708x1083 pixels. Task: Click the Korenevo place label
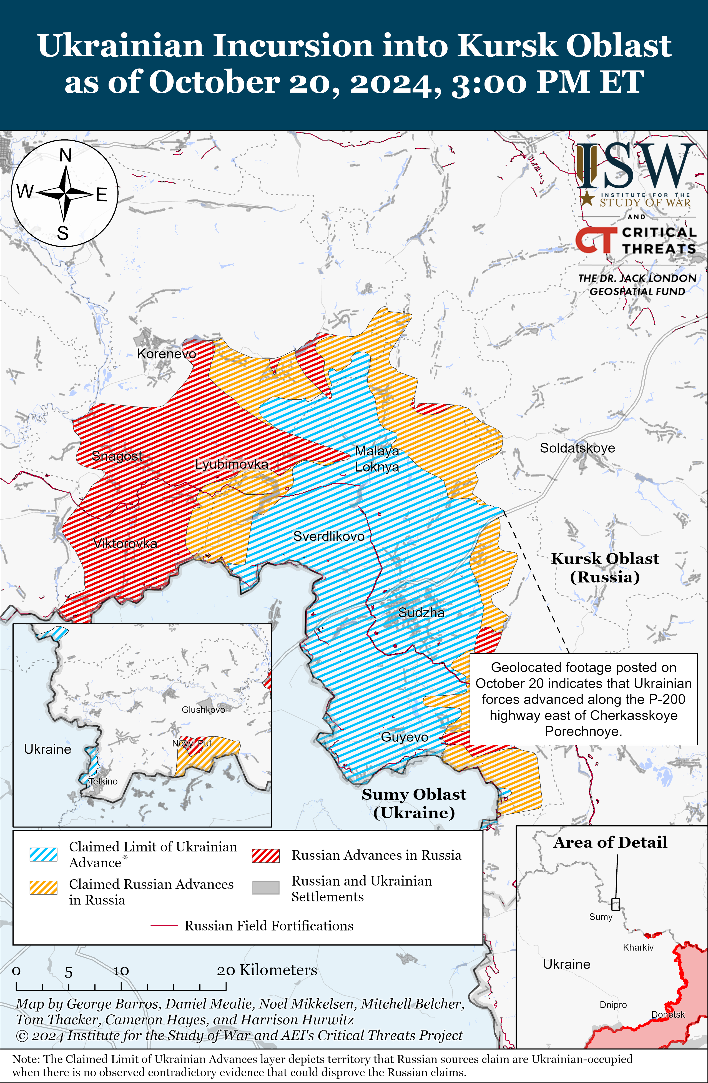coord(167,354)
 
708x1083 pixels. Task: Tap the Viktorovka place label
coord(125,543)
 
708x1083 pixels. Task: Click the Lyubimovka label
coord(232,464)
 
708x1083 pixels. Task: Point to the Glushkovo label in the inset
coord(203,710)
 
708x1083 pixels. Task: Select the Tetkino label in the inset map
coord(103,781)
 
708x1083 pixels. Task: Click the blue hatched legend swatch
coord(43,854)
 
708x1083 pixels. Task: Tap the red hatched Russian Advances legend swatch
coord(266,856)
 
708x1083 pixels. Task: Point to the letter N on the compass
coord(66,156)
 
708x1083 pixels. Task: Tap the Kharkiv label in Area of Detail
coord(638,947)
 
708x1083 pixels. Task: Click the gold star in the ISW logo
coord(587,198)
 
